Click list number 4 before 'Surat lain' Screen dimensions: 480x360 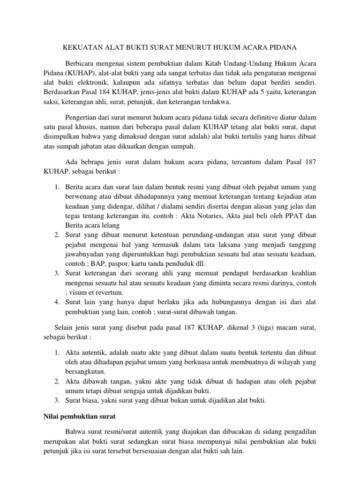point(56,301)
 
